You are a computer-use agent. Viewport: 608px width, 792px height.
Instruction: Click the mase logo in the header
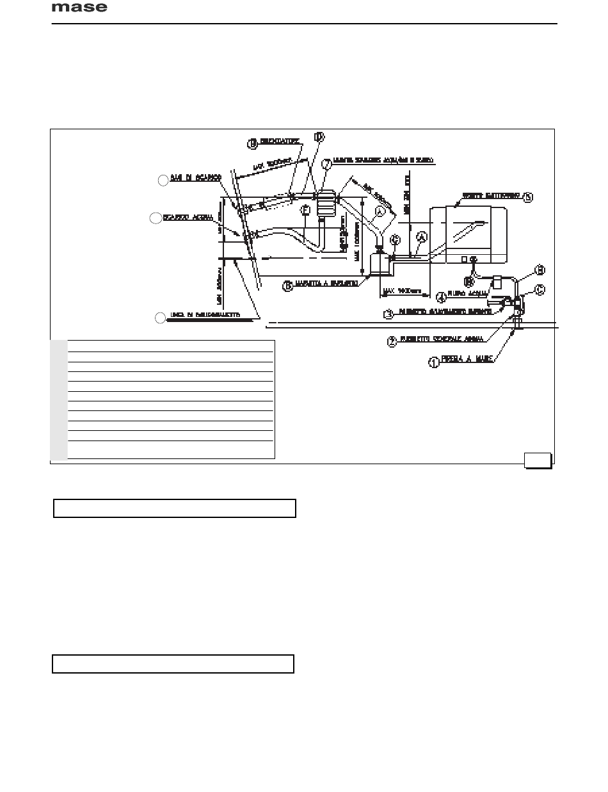point(79,8)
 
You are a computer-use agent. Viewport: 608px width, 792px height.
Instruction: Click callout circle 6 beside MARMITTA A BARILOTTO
point(288,286)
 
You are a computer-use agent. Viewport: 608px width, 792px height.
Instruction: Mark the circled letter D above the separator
point(319,137)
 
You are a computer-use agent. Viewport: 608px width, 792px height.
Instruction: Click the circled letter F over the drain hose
point(305,210)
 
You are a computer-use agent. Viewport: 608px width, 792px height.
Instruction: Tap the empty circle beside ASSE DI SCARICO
point(163,181)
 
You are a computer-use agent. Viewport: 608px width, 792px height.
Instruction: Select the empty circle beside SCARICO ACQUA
point(154,218)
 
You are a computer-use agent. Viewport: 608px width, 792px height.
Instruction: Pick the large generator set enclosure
point(469,234)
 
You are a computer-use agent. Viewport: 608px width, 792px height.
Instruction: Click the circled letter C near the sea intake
point(540,289)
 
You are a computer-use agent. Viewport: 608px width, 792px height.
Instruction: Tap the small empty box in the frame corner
point(538,459)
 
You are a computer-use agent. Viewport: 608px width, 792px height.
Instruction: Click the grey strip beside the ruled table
point(59,400)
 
